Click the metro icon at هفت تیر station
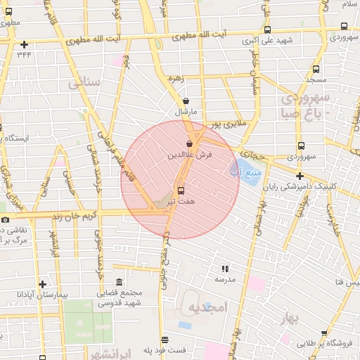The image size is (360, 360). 181,191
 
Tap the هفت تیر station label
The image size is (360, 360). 181,201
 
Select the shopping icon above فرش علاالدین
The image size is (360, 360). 188,143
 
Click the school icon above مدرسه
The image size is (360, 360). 225,269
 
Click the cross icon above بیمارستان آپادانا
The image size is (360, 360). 43,285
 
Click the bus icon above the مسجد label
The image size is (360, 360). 314,70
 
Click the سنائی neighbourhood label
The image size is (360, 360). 85,83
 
